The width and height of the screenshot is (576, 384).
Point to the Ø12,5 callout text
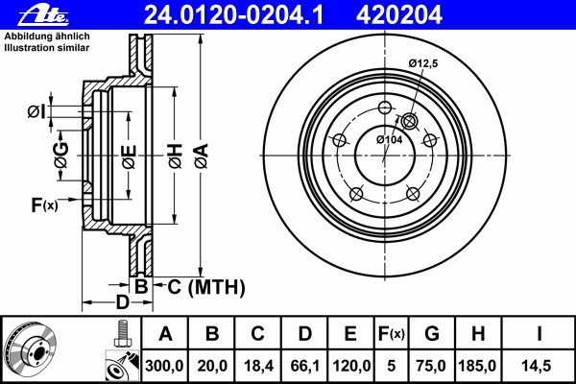(423, 62)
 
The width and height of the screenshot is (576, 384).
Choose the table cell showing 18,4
(258, 365)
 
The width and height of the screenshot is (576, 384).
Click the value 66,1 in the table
(304, 365)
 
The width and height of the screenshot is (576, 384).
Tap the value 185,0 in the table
(477, 365)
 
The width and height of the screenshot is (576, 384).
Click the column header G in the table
(431, 333)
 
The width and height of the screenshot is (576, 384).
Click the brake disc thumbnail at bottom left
(32, 349)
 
